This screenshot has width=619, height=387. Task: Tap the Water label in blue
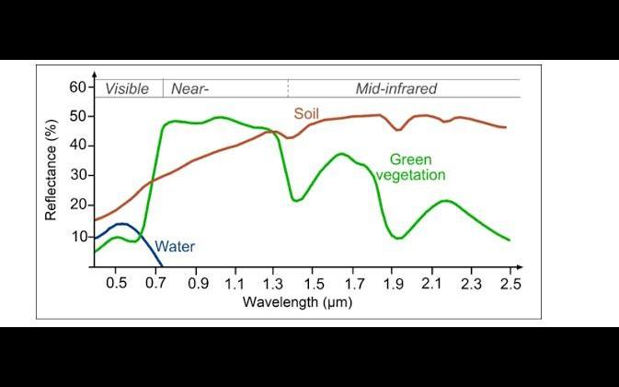(x=175, y=246)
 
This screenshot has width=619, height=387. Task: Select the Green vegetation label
(x=417, y=167)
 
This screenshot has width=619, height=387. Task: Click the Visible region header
(x=127, y=89)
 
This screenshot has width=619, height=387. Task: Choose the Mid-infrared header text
(x=395, y=89)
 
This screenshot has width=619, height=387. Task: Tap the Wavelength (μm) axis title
(x=297, y=301)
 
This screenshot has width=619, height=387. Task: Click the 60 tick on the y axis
(x=77, y=88)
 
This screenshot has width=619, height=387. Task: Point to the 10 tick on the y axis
(x=77, y=237)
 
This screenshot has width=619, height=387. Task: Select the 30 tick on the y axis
(x=77, y=175)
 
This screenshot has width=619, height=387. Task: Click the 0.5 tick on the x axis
(x=116, y=283)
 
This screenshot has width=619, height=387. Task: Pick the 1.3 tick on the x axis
(x=273, y=283)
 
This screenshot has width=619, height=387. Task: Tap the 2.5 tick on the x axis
(x=510, y=283)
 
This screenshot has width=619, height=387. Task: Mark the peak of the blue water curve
(x=122, y=224)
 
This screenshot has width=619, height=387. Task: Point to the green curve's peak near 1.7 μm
(x=341, y=154)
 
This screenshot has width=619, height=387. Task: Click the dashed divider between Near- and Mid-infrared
(x=288, y=89)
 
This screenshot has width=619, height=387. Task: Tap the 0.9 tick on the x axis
(x=198, y=283)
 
